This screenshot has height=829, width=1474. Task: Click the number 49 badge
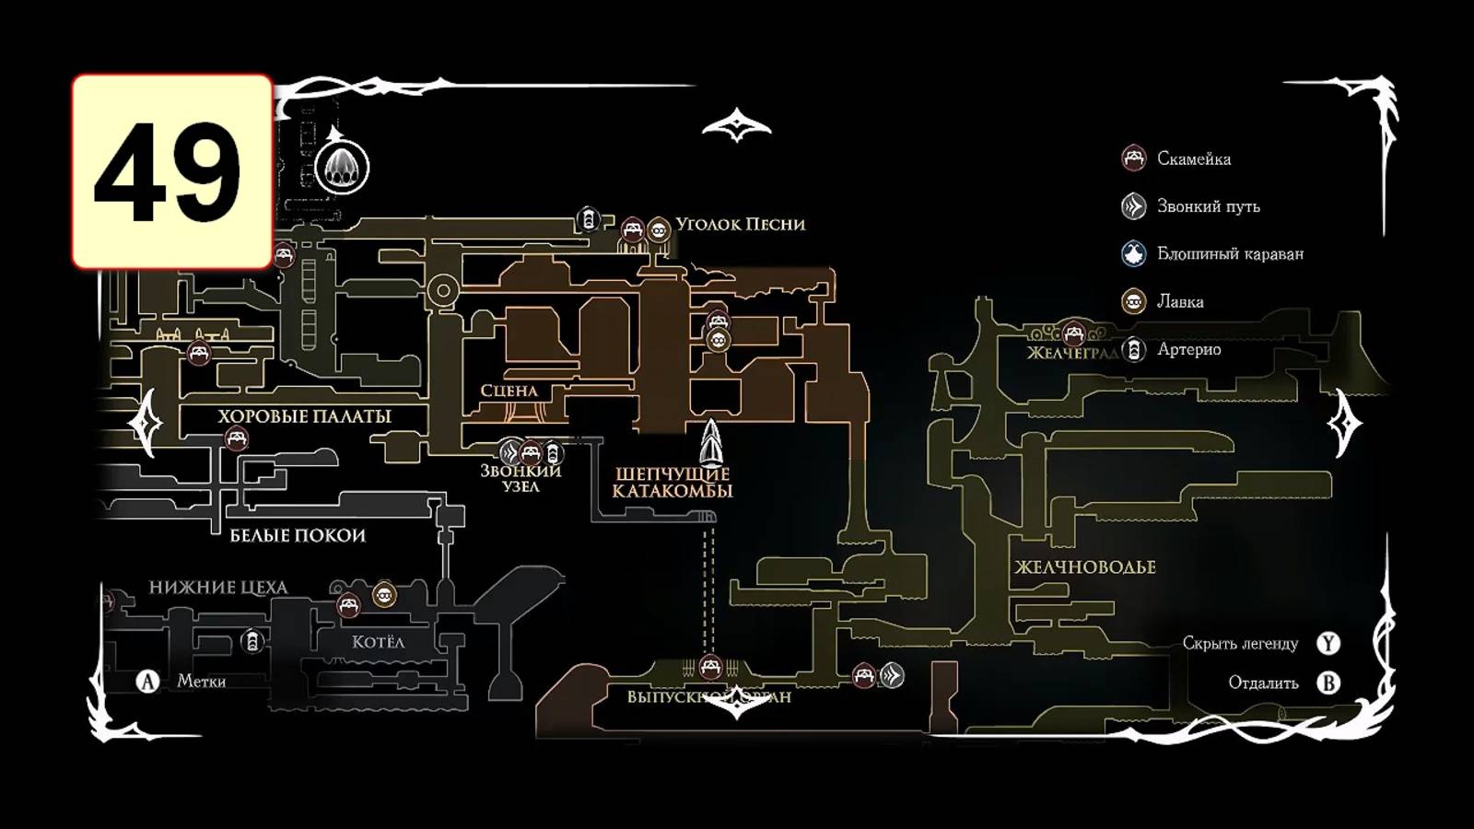point(172,172)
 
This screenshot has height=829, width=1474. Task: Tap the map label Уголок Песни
point(740,224)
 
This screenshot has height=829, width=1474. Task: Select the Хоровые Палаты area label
point(304,416)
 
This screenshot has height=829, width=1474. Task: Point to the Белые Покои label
point(298,535)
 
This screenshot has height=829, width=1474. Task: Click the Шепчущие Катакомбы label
point(673,482)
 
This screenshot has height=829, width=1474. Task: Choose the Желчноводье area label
point(1084,567)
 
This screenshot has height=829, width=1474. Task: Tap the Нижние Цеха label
point(218,588)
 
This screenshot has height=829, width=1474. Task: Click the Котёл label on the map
point(378,642)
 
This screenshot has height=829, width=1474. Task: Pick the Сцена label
point(509,391)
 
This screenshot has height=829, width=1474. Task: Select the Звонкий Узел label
point(521,478)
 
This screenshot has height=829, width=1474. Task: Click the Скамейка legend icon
point(1133,158)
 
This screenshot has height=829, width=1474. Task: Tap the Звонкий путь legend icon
point(1133,206)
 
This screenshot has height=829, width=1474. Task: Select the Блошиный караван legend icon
point(1133,253)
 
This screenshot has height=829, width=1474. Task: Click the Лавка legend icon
point(1133,301)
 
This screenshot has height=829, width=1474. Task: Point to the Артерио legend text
point(1188,349)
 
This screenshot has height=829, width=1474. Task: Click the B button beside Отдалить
point(1328,683)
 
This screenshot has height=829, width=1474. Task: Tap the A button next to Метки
point(147,682)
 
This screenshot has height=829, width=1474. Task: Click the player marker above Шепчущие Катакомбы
point(711,443)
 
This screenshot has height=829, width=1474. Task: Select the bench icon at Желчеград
point(1072,333)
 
